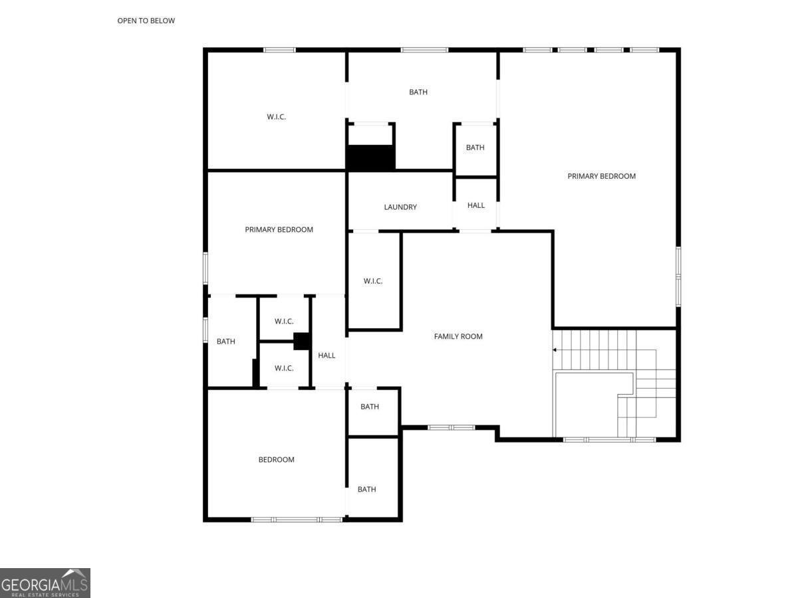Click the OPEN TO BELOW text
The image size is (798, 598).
tap(146, 21)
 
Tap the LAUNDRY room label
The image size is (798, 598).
tap(400, 207)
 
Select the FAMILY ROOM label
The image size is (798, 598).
tap(458, 337)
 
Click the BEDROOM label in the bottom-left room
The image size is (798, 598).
tap(276, 460)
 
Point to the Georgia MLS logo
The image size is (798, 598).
tap(45, 583)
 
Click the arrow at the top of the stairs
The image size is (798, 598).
tap(555, 350)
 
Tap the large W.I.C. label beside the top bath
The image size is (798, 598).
tap(276, 116)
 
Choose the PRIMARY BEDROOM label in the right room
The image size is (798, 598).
tap(601, 176)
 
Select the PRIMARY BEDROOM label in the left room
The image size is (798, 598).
tap(279, 229)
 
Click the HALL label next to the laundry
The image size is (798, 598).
tap(476, 205)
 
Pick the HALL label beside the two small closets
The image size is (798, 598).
tap(327, 355)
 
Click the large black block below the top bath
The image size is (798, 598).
tap(370, 157)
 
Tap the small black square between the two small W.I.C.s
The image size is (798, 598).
tap(301, 342)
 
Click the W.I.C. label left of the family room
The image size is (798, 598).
tap(373, 281)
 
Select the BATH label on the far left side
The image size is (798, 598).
tap(225, 342)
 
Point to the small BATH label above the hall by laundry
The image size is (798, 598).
tap(475, 148)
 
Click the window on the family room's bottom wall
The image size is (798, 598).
tap(451, 427)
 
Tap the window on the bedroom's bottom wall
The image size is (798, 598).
tap(297, 520)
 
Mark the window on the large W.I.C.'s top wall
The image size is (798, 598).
tap(279, 50)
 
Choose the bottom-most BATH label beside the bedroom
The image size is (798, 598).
tap(366, 490)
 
